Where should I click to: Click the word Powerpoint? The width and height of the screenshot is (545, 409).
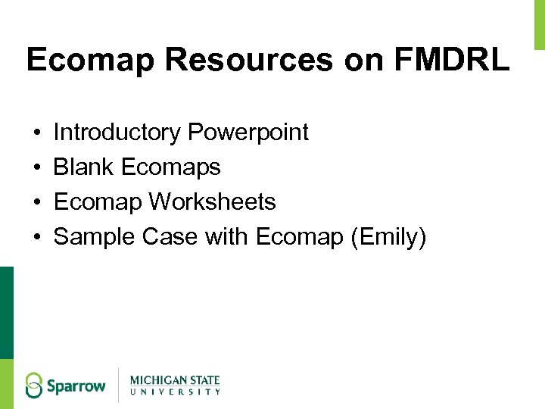[x=248, y=133]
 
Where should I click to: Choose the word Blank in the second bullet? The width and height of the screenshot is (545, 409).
[x=84, y=167]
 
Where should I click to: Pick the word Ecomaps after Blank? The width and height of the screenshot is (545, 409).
[x=170, y=167]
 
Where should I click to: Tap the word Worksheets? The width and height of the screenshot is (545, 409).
[x=212, y=202]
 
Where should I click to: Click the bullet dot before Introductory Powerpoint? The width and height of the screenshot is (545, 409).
[x=36, y=133]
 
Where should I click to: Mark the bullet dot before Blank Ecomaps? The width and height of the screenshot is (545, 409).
[x=36, y=168]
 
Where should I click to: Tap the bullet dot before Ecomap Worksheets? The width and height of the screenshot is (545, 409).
[x=36, y=203]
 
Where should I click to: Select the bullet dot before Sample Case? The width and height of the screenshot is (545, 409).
[x=36, y=239]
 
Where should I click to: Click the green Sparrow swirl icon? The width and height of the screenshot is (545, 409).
[x=34, y=385]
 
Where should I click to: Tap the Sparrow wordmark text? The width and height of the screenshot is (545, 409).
[x=76, y=386]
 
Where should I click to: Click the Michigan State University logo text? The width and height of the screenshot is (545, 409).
[x=175, y=385]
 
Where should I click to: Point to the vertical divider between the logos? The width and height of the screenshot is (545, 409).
[x=118, y=385]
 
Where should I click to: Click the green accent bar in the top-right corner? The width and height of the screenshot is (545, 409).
[x=540, y=24]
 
